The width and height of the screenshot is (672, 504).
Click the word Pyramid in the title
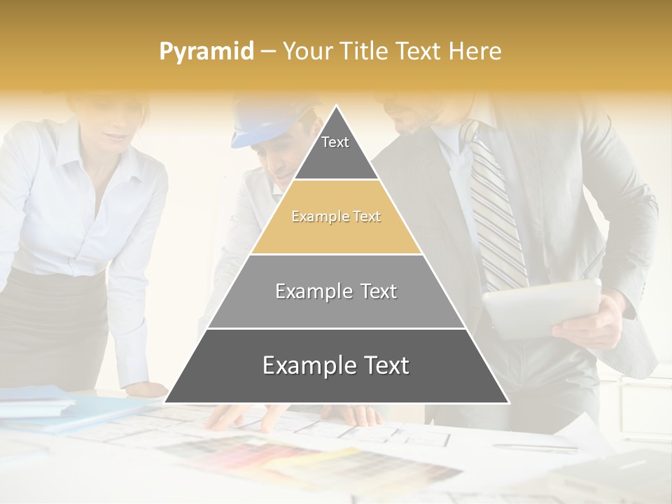pyautogui.click(x=206, y=52)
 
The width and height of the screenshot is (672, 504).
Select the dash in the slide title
pyautogui.click(x=267, y=52)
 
